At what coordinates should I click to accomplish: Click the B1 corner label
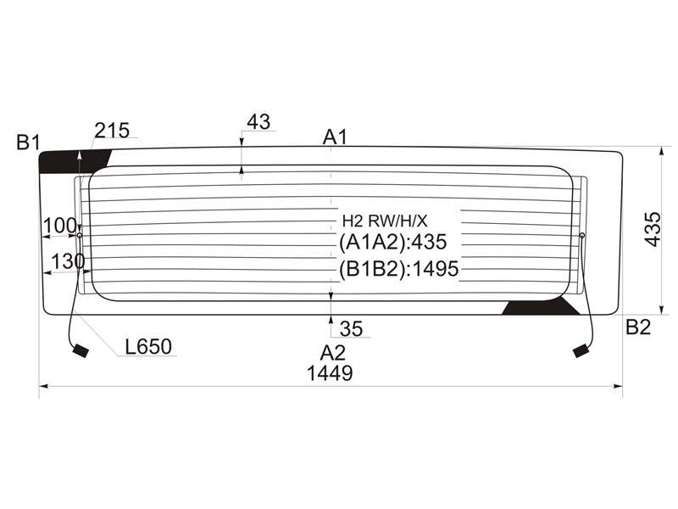[x=28, y=143]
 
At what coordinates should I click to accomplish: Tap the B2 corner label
[x=638, y=327]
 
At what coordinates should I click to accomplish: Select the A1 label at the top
[x=335, y=137]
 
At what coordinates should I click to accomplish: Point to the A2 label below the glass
[x=332, y=353]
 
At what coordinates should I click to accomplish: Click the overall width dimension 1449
[x=330, y=373]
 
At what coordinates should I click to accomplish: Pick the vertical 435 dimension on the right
[x=653, y=229]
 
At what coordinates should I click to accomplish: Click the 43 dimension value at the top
[x=258, y=121]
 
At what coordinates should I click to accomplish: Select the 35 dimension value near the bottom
[x=351, y=329]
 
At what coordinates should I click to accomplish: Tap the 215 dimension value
[x=112, y=131]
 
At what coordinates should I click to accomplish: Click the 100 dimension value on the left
[x=59, y=226]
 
